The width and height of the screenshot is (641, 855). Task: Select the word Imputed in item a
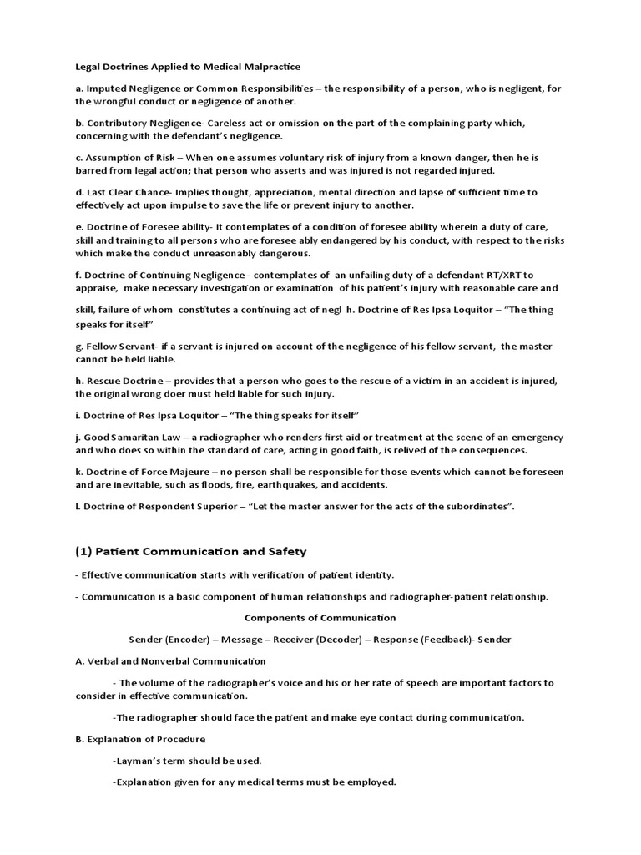click(107, 87)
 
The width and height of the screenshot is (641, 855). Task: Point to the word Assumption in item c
click(115, 157)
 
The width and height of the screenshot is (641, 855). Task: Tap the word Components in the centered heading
click(275, 618)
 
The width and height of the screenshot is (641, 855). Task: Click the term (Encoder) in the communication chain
click(190, 639)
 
